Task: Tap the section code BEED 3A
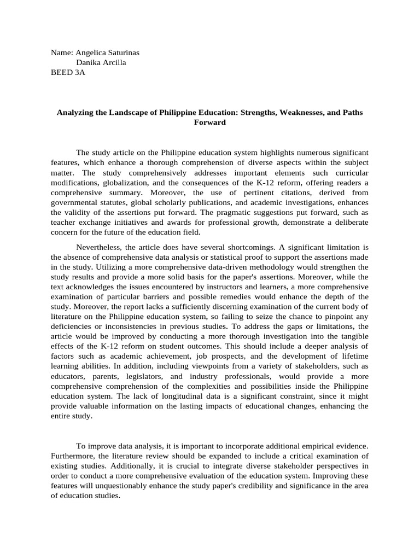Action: click(68, 71)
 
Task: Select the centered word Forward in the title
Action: click(210, 122)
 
